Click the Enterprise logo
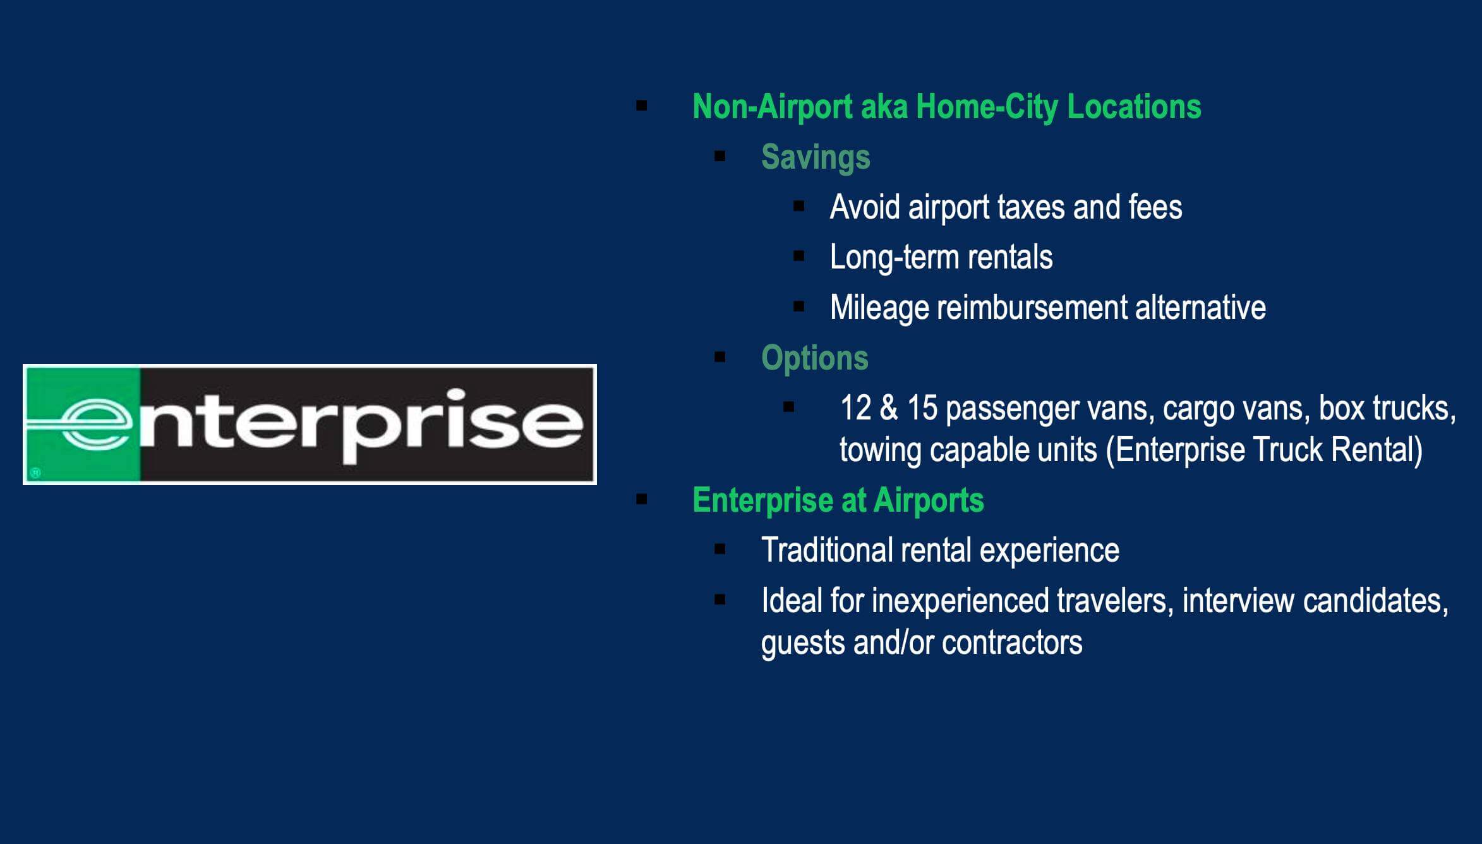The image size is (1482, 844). pos(310,425)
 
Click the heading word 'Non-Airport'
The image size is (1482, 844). pos(772,106)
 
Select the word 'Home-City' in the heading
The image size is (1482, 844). pos(987,106)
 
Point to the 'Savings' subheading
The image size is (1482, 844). pos(816,157)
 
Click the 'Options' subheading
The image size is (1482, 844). pos(815,358)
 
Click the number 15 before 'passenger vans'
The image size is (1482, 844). pos(922,408)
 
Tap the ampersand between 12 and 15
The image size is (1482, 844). pos(888,408)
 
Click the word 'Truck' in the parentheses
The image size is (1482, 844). pos(1288,450)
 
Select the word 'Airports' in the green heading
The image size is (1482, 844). pos(929,501)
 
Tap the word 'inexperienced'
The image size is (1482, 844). pos(960,601)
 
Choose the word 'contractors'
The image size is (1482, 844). pos(1012,643)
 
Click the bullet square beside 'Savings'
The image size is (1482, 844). pos(720,156)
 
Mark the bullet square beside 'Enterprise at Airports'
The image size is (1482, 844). pos(642,500)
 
